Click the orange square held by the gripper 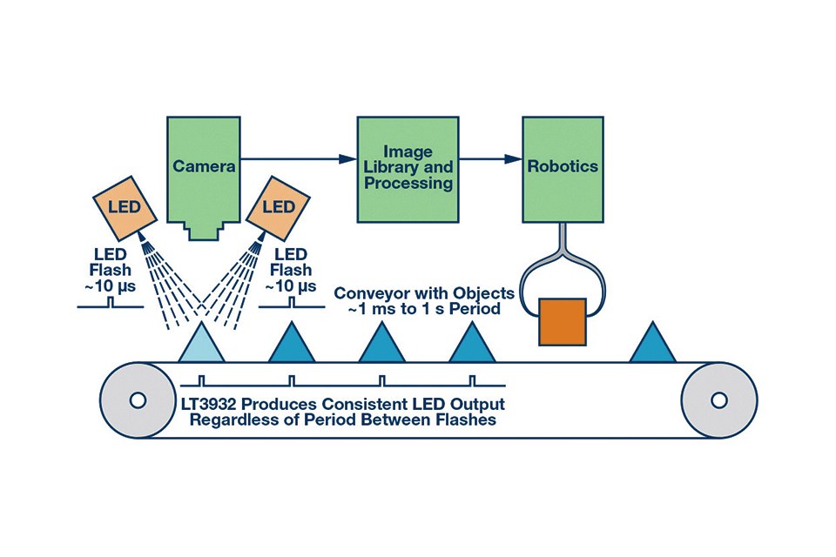tap(563, 321)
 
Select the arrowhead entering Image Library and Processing tap(350, 159)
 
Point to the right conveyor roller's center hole tap(718, 400)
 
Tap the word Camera tap(205, 166)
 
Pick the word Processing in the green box tap(408, 184)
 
